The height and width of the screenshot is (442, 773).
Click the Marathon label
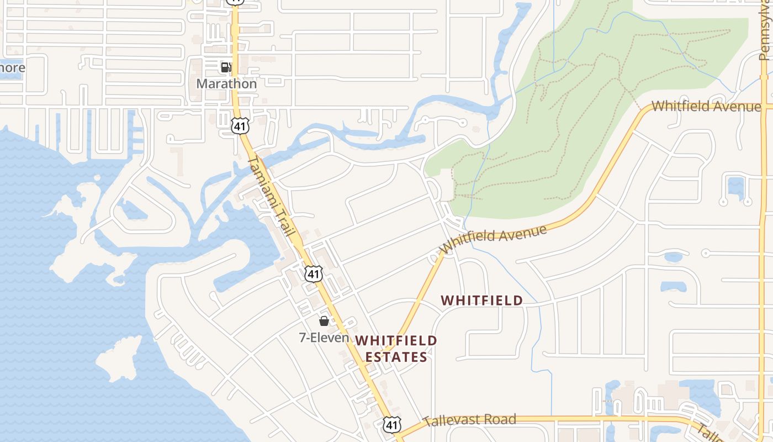226,84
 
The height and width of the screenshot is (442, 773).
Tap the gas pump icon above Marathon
226,67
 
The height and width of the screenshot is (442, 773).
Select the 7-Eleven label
324,337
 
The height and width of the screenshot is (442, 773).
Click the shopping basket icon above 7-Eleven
324,321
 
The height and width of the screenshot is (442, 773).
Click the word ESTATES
396,357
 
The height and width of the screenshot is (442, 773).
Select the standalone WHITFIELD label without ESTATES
482,301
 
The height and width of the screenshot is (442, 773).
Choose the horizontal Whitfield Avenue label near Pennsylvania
706,106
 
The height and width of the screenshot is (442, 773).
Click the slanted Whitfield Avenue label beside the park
494,239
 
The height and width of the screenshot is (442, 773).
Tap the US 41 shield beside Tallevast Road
391,425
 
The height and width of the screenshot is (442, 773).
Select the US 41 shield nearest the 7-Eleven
313,274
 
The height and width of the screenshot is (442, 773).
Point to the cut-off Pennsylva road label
764,33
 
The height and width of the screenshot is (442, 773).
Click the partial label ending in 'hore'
12,68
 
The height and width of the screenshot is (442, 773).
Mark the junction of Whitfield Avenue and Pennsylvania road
764,106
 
